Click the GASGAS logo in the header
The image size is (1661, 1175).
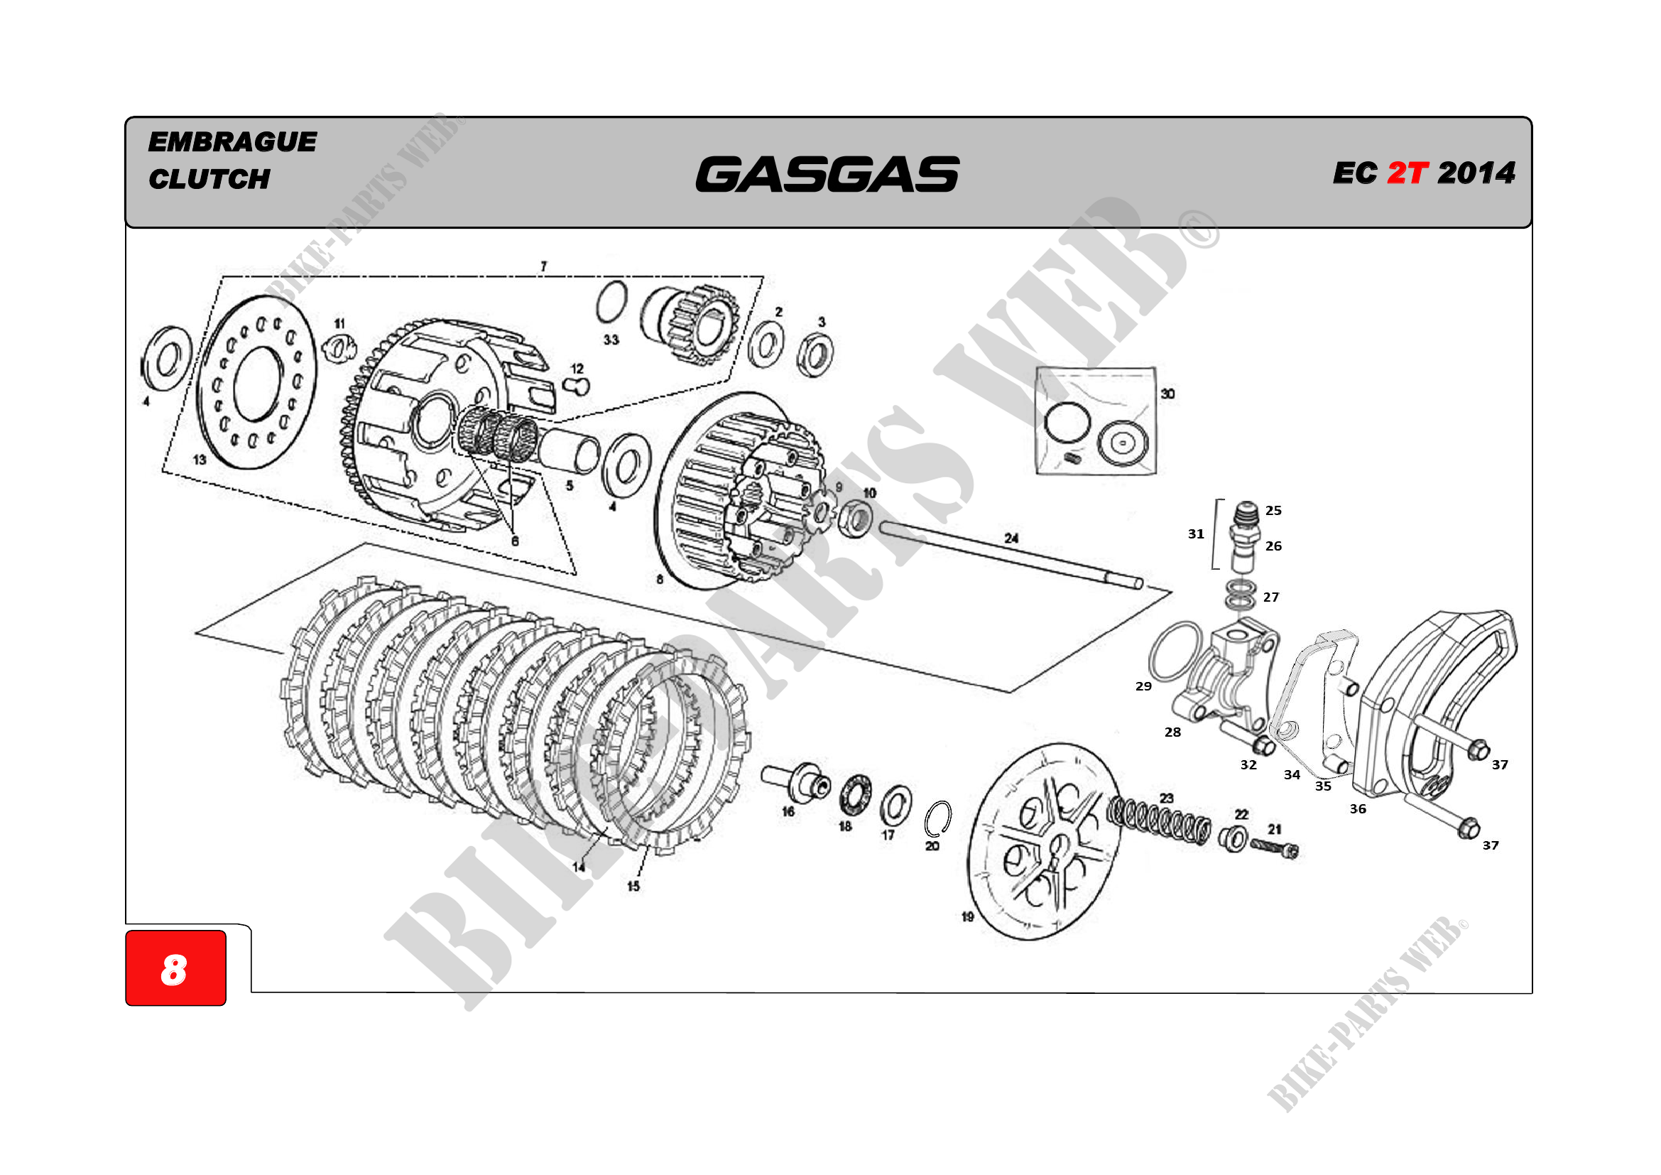[x=827, y=174]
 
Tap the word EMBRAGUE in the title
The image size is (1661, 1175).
[x=232, y=142]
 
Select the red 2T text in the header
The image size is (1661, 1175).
[x=1407, y=173]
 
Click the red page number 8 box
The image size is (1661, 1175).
[x=176, y=968]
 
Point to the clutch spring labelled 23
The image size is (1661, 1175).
[x=1159, y=821]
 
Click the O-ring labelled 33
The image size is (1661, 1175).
[x=612, y=303]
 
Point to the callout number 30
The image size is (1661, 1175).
[x=1167, y=394]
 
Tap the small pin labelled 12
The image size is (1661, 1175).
[x=577, y=386]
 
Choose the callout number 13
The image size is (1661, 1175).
[x=200, y=460]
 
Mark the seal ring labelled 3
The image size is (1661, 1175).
[x=815, y=354]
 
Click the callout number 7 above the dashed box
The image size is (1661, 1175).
[x=543, y=266]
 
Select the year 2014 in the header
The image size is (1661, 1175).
[x=1476, y=173]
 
